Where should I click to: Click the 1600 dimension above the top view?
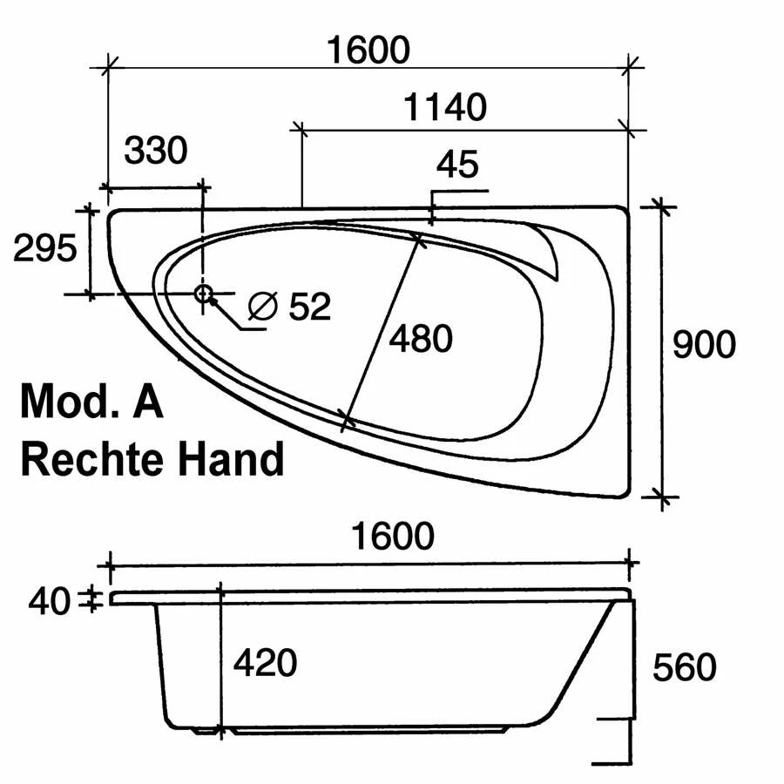368,50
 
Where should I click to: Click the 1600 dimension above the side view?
393,536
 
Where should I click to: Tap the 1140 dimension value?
445,107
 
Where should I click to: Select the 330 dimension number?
156,150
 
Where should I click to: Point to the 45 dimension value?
457,164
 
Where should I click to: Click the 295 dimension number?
45,248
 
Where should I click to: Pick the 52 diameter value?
310,306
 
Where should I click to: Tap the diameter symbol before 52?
263,306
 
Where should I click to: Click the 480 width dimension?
421,339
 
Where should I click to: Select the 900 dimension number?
704,344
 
